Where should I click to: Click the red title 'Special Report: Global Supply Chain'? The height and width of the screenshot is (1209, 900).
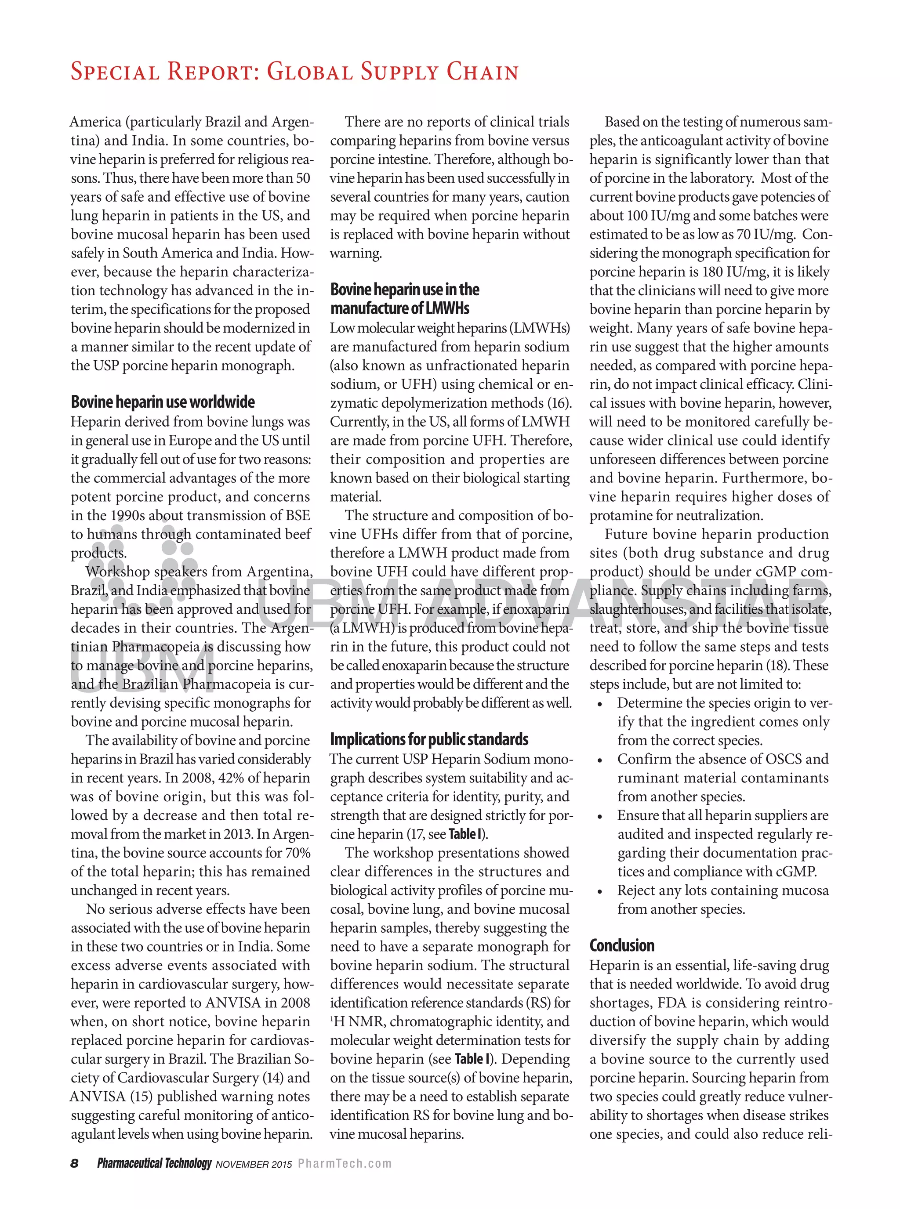pyautogui.click(x=294, y=72)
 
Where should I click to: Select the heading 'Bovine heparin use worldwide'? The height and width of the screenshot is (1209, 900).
pyautogui.click(x=162, y=402)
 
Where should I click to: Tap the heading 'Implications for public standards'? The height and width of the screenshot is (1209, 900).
pyautogui.click(x=429, y=739)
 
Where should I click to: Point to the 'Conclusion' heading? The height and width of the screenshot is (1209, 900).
pyautogui.click(x=622, y=945)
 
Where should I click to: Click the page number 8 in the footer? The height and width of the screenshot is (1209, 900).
pyautogui.click(x=75, y=1163)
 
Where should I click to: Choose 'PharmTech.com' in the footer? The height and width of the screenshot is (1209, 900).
pyautogui.click(x=344, y=1164)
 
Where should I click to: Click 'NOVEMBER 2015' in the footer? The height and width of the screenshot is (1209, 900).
pyautogui.click(x=253, y=1164)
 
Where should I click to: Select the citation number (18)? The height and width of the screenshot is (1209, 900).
pyautogui.click(x=777, y=666)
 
